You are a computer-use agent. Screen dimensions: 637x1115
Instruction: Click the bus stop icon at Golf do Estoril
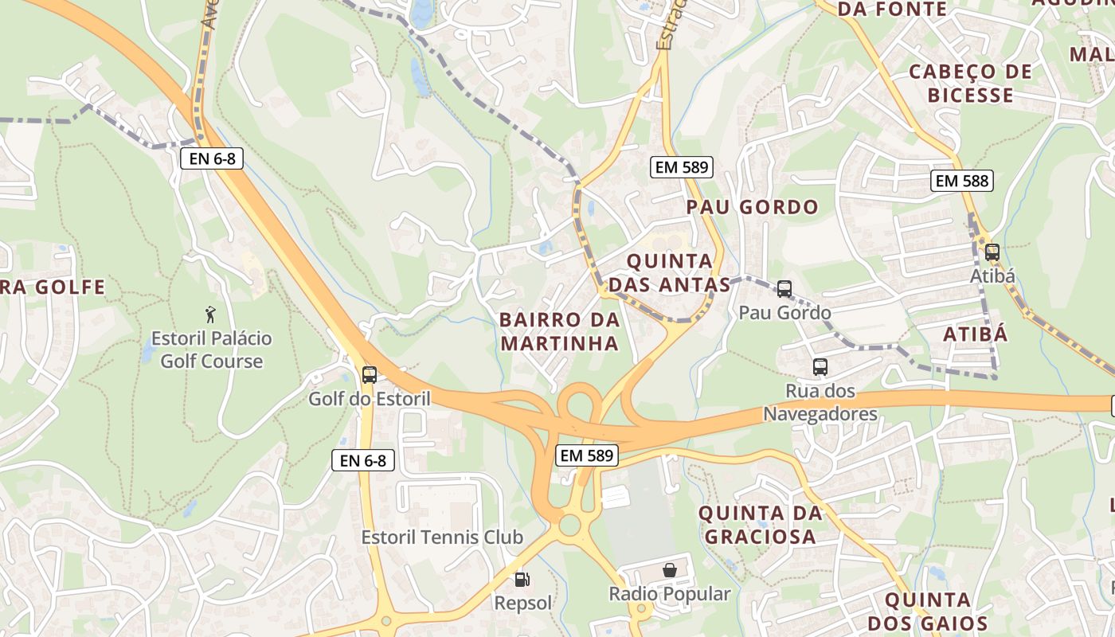click(x=369, y=375)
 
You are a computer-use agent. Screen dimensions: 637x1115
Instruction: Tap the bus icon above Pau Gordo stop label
click(x=784, y=289)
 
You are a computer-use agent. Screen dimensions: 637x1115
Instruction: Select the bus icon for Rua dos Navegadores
click(x=820, y=367)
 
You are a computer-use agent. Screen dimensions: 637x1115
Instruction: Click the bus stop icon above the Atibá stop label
click(x=992, y=252)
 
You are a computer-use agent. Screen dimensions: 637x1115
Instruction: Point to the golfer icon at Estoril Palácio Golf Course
click(x=210, y=315)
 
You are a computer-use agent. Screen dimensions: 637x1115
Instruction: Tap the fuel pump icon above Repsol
click(x=522, y=580)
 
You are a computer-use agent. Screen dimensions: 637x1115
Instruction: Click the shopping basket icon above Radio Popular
click(x=670, y=570)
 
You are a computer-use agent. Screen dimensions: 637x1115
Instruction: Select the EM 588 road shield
click(x=962, y=181)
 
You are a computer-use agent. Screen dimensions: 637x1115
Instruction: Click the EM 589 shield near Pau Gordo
click(x=681, y=167)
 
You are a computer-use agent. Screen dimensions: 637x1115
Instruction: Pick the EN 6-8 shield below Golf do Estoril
click(x=363, y=460)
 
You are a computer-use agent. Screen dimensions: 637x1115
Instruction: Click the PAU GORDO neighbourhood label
click(x=752, y=208)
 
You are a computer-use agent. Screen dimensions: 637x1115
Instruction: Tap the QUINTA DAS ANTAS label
click(x=669, y=273)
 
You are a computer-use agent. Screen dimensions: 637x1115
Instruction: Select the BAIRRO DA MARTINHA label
click(x=559, y=331)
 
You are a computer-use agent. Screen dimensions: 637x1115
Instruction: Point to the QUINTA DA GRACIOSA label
click(x=760, y=525)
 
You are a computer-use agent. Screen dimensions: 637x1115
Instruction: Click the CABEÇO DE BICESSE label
click(x=971, y=84)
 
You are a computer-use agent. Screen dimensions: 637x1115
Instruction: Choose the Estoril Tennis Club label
click(x=442, y=537)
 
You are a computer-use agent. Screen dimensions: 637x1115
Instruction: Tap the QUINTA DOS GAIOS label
click(x=928, y=612)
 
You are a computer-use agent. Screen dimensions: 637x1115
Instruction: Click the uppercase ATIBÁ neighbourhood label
click(x=976, y=334)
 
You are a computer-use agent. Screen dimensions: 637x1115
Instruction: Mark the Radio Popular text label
click(x=669, y=594)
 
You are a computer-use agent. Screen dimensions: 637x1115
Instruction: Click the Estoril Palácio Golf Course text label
click(x=212, y=350)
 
